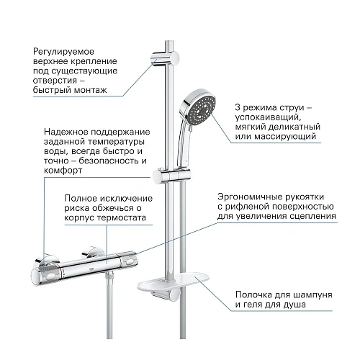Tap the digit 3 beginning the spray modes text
[238, 107]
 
